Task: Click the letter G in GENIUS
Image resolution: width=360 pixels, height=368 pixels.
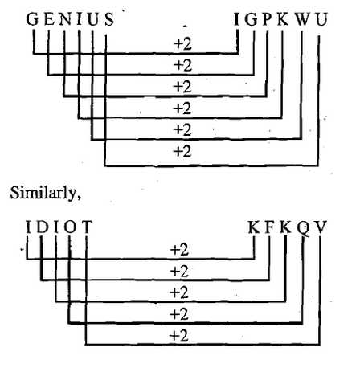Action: coord(32,19)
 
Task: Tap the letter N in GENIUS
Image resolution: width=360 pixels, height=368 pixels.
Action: coord(66,19)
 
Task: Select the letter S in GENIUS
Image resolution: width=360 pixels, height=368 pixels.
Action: coord(109,19)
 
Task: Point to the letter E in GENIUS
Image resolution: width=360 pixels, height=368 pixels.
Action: coord(49,19)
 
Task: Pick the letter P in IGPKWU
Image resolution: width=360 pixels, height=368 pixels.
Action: coord(268,19)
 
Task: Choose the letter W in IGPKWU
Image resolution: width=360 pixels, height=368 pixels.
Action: coord(303,19)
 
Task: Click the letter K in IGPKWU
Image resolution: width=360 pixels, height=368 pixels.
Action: coord(283,19)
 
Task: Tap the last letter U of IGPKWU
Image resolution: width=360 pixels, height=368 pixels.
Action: coord(321,19)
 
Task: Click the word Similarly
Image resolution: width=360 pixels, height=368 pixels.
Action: coord(46,193)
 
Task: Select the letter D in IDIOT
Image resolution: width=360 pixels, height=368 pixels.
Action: coord(43,227)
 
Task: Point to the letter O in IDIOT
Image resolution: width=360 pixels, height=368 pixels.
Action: coord(70,227)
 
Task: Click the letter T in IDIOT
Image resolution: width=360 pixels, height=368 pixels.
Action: coord(88,227)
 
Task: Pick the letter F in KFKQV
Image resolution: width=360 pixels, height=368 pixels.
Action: coord(269,227)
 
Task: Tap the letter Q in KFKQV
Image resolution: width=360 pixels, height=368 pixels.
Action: coord(304,228)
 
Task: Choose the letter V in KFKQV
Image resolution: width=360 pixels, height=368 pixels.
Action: coord(321,227)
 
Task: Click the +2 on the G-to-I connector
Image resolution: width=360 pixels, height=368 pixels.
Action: coord(182,44)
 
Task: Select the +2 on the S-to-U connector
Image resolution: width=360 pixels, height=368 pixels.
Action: coord(182,151)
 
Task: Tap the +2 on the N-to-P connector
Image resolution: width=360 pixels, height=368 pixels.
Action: coord(182,87)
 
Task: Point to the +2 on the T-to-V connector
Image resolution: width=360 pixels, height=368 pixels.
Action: coord(179,336)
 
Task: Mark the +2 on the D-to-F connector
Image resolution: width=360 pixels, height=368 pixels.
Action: coord(179,272)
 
